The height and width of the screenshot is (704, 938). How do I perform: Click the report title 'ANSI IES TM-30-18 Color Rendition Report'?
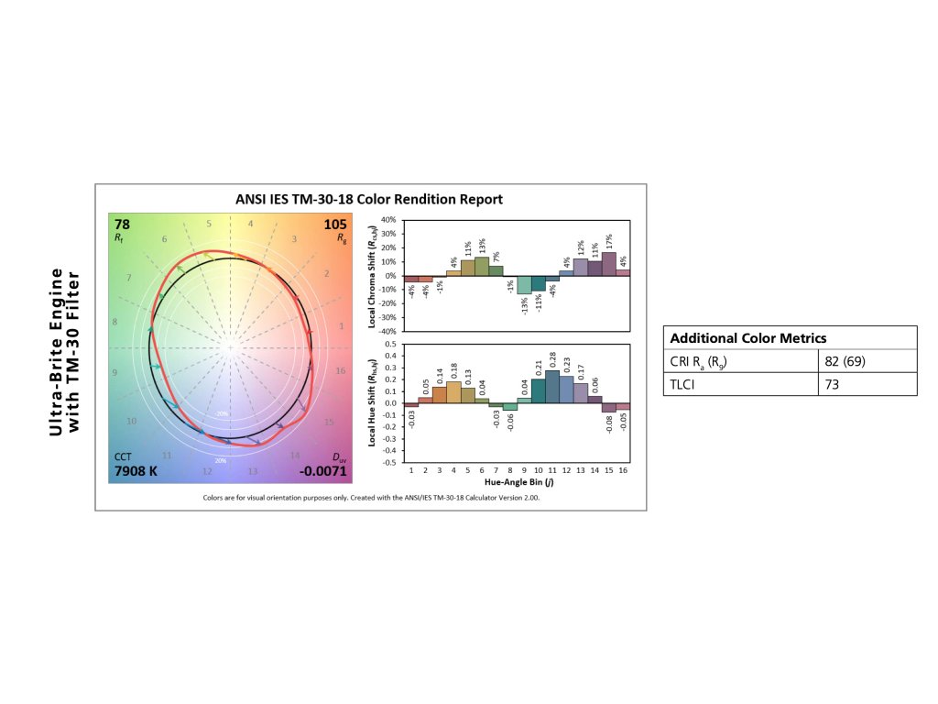coord(371,199)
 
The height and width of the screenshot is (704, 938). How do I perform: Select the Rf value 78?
coord(122,224)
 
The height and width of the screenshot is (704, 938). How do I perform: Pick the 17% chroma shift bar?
coord(608,264)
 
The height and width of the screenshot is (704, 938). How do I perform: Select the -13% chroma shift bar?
coord(524,284)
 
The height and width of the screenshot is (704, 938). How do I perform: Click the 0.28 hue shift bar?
coord(552,386)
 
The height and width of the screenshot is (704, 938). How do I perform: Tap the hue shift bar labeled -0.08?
coord(608,408)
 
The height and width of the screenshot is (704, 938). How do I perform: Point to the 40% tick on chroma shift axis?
coord(387,221)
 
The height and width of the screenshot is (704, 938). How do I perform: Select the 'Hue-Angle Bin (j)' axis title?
coord(518,482)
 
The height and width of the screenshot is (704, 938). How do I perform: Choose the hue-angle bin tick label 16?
coord(623,471)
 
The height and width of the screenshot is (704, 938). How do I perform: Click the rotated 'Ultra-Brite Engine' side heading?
coord(57,351)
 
